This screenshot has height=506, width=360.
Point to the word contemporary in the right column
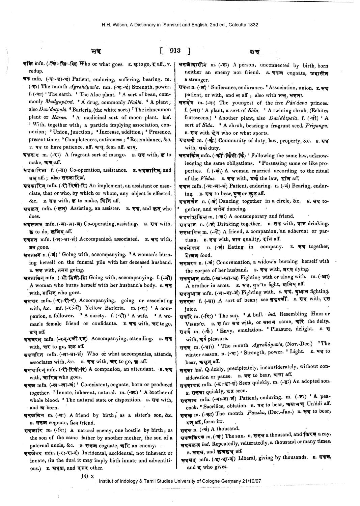coord(255,216)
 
